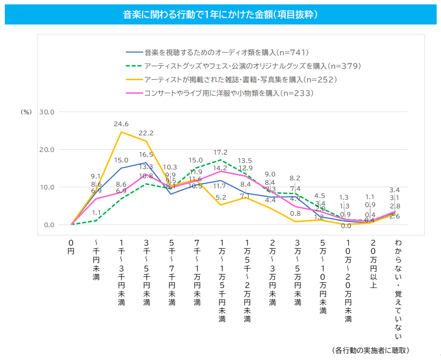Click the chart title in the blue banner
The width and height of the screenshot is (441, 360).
click(x=220, y=15)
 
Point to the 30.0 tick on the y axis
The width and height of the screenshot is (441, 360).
click(x=46, y=112)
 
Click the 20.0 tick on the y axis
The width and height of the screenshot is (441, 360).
click(x=46, y=150)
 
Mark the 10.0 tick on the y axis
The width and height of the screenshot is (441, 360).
click(x=46, y=187)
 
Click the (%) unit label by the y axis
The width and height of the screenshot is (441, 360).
click(x=26, y=112)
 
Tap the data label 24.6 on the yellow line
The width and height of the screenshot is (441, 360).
click(x=121, y=124)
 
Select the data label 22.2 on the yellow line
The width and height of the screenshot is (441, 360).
click(x=146, y=133)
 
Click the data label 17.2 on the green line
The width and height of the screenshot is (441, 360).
click(x=220, y=152)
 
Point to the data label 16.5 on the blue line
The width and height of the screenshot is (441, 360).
click(x=146, y=154)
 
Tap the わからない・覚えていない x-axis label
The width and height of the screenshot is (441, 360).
click(x=398, y=289)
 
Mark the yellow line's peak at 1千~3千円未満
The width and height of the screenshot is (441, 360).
click(x=121, y=132)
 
